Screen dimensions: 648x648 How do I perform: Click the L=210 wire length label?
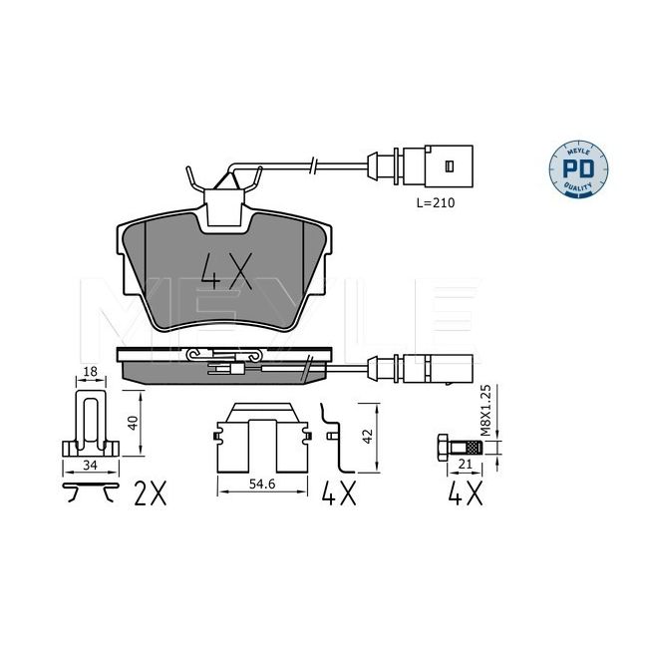pos(436,203)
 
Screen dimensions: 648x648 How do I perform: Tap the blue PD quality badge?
pos(578,169)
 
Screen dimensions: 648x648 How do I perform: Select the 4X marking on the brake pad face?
pos(226,271)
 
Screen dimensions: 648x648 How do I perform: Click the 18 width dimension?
pos(90,372)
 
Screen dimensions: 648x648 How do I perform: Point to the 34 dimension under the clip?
pos(90,465)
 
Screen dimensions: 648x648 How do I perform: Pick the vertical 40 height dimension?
pos(133,423)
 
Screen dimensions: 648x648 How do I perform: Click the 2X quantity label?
pos(150,493)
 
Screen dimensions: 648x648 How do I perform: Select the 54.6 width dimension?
pos(262,484)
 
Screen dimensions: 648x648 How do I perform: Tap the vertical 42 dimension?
pos(368,437)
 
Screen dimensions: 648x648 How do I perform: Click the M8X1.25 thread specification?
pos(486,411)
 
